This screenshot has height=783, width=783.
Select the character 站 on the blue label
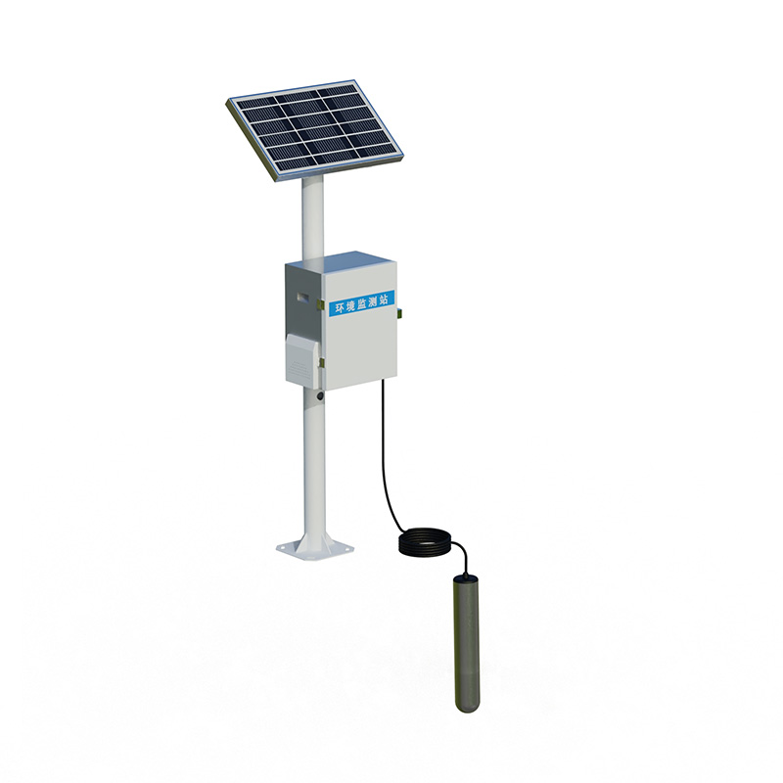384,298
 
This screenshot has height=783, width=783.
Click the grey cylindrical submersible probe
466,641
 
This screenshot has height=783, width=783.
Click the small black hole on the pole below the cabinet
318,396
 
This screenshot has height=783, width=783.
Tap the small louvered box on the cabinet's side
301,357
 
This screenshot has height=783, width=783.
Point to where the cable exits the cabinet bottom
381,384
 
